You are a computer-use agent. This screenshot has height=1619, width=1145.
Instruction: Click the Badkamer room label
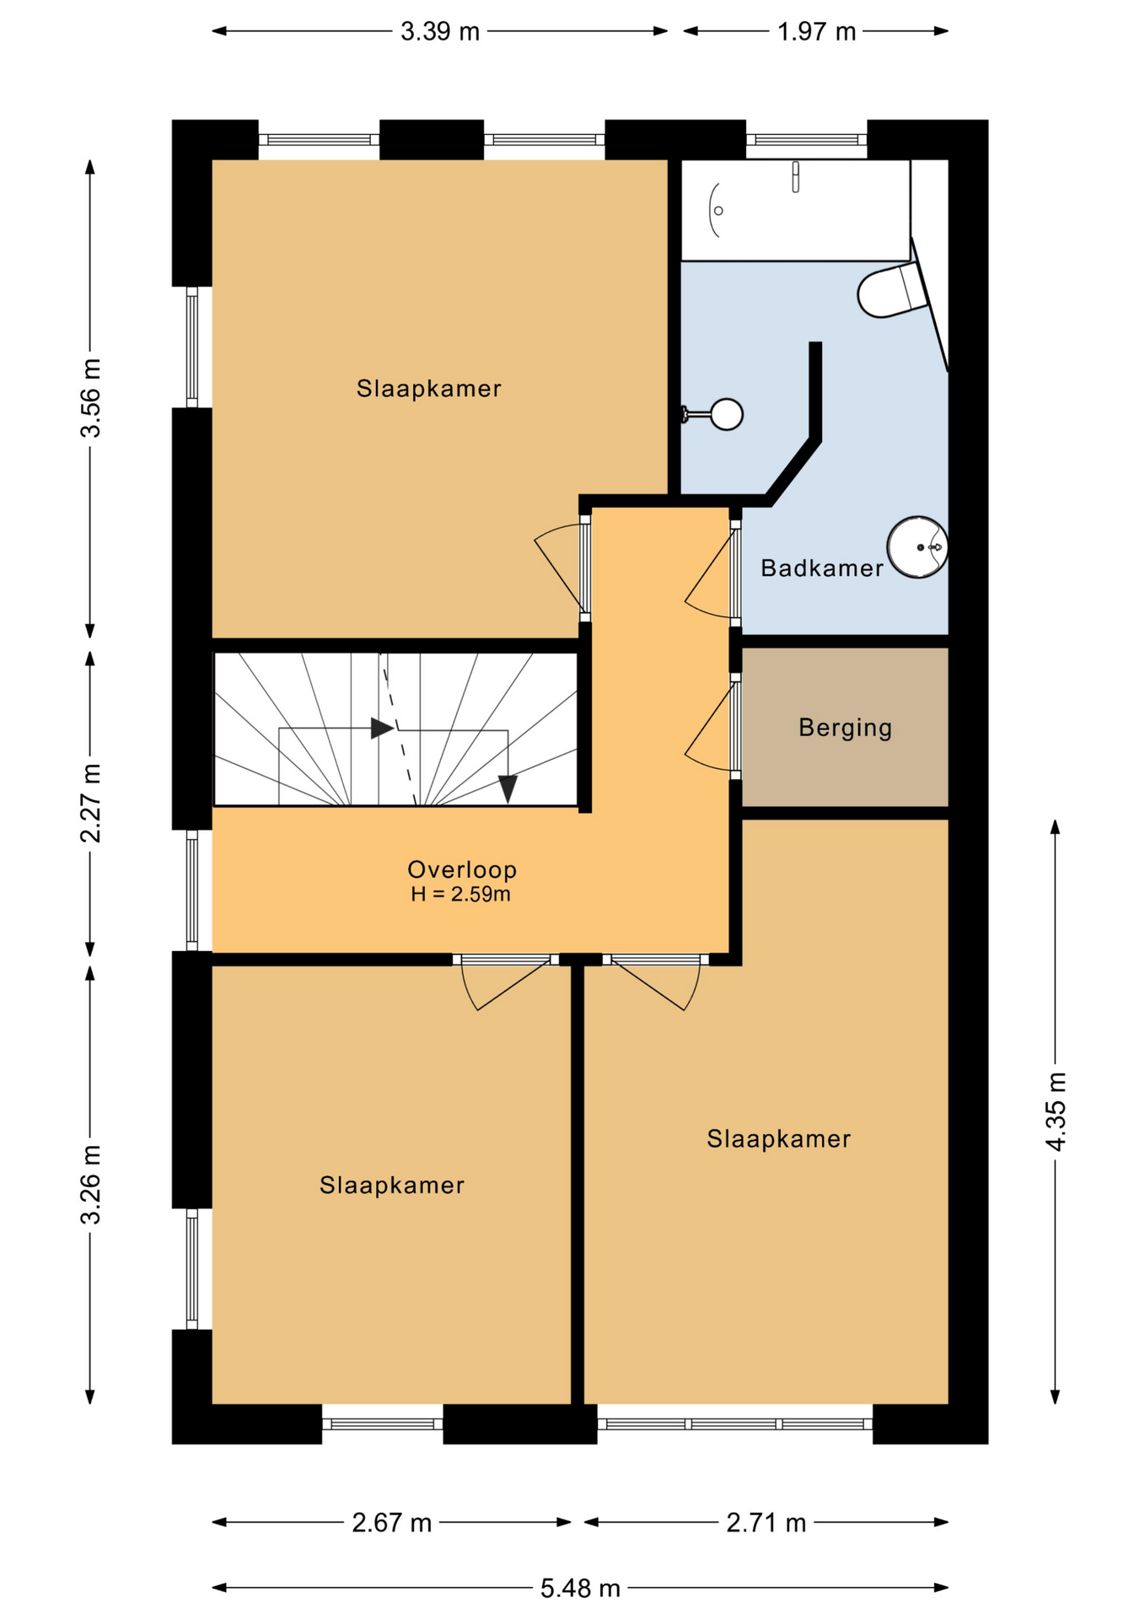821,568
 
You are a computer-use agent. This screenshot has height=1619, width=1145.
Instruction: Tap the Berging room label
845,728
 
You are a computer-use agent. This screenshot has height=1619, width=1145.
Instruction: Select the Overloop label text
461,869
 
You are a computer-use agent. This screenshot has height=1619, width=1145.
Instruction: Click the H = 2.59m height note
460,895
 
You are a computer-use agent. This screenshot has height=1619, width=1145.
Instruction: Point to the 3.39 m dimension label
439,32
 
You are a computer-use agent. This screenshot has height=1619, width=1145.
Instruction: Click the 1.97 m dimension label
816,32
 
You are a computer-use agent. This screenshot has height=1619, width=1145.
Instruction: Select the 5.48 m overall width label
580,1589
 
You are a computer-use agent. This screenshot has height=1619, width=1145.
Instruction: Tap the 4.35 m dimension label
1056,1111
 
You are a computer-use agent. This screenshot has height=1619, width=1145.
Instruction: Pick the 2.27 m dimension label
90,804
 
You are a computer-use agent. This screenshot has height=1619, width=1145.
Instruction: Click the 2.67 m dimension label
391,1523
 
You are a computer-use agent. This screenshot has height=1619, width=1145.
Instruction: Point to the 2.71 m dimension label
766,1523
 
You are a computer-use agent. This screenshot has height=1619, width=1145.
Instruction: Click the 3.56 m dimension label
90,398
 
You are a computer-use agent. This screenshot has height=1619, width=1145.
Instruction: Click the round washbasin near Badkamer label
917,547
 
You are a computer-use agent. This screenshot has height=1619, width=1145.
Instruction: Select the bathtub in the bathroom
795,210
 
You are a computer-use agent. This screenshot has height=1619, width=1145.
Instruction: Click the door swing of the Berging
710,724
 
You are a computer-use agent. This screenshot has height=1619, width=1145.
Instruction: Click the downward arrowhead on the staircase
508,789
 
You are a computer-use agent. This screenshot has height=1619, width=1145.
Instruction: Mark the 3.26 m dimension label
90,1185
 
